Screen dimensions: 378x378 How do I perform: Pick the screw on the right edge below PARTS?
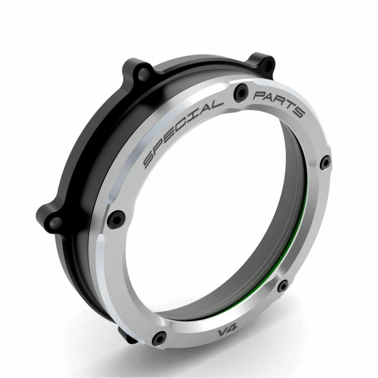[324, 162]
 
